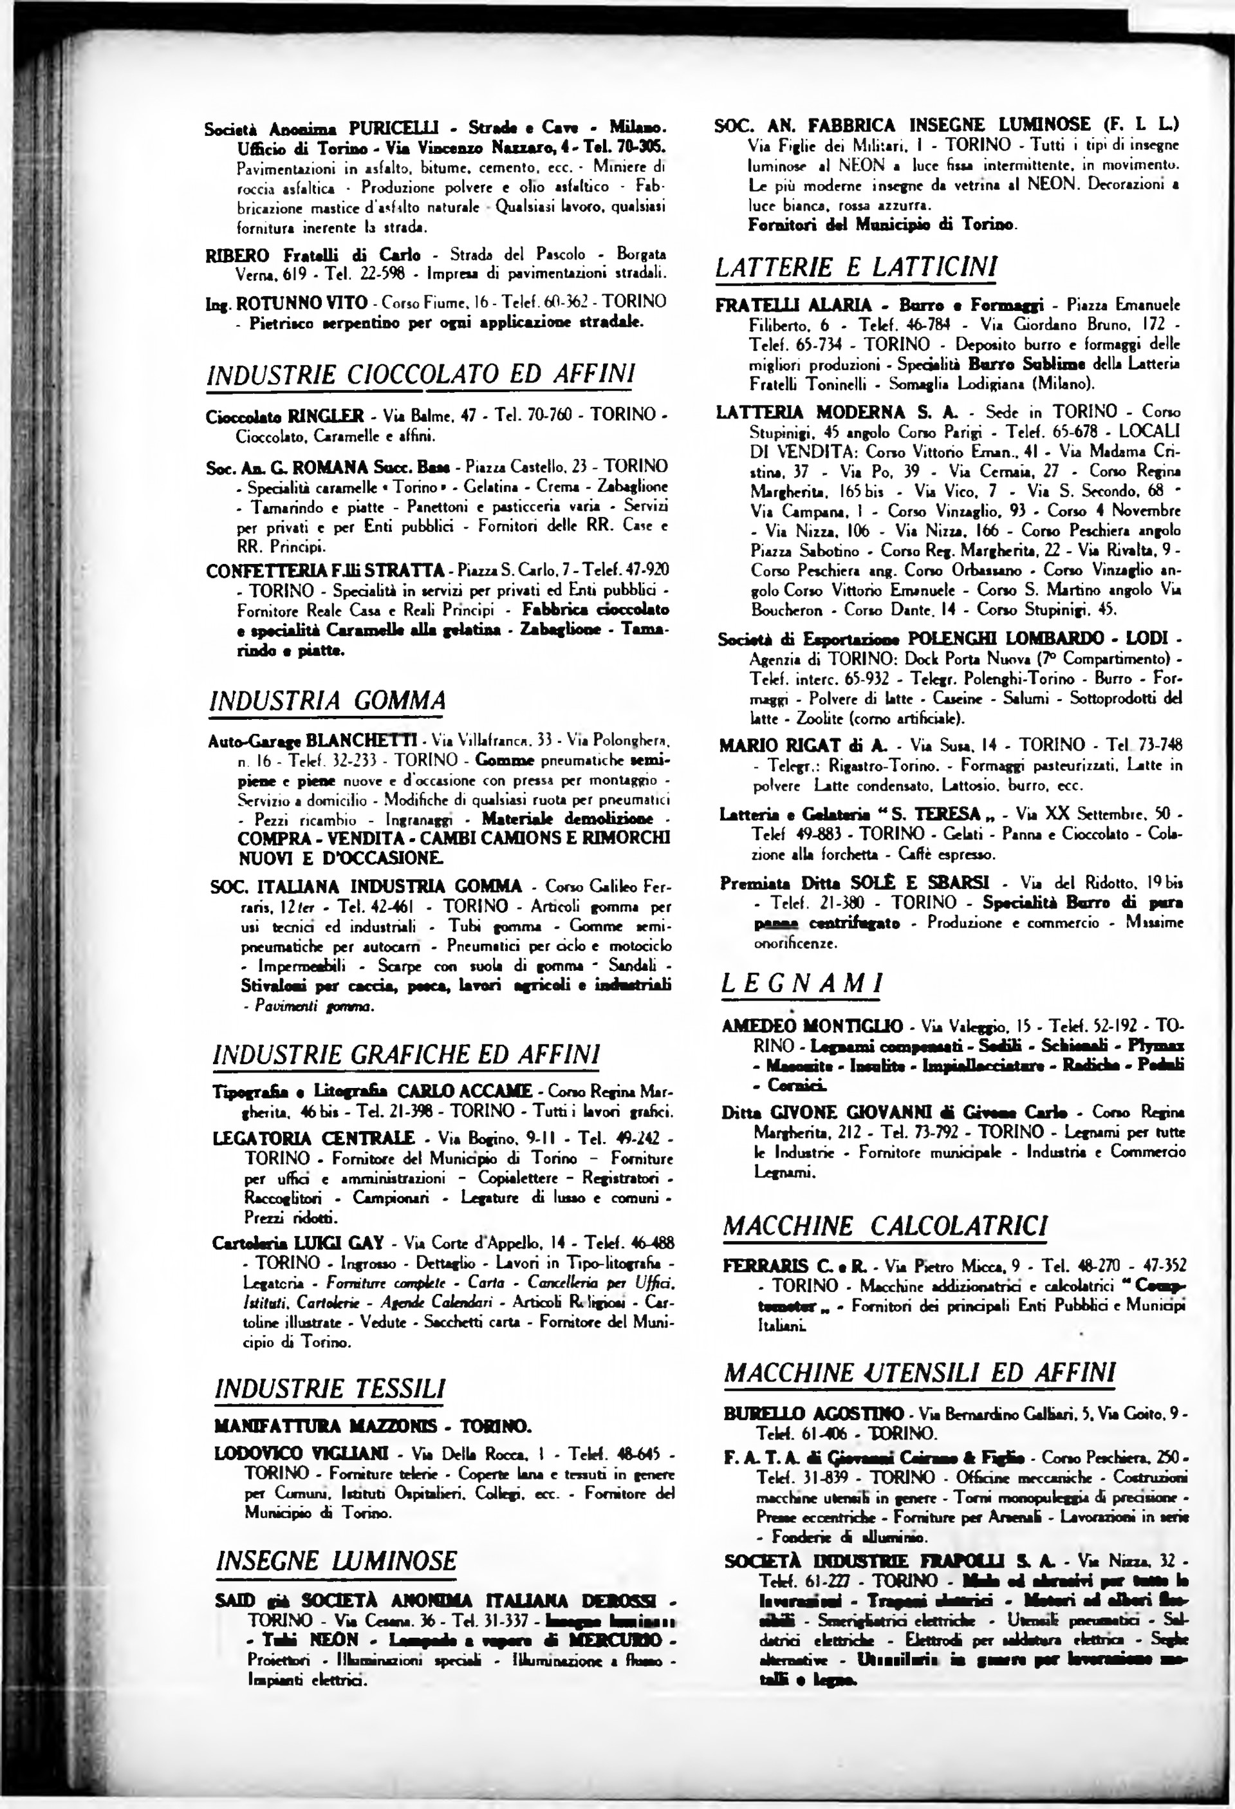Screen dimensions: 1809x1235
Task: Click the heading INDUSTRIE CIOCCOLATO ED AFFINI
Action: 420,375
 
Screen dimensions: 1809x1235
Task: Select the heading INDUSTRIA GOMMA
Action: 328,700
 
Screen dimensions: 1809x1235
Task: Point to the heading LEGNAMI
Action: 801,984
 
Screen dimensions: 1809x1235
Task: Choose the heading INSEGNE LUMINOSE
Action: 335,1561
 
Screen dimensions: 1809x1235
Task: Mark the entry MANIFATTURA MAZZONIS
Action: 373,1426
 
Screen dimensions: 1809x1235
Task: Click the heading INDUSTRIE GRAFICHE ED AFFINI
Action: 406,1054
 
